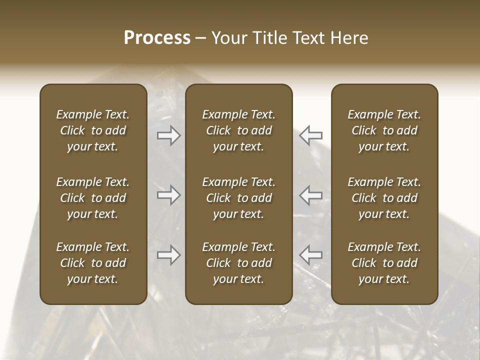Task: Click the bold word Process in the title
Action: (157, 38)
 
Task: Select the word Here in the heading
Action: (349, 38)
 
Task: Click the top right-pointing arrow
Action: (169, 135)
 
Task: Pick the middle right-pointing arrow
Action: (169, 195)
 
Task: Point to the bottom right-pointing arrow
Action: (169, 255)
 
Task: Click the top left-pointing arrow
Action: (310, 135)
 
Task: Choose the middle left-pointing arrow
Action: (310, 195)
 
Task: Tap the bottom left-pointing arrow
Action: (310, 255)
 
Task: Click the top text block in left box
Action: (93, 130)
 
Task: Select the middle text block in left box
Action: (93, 198)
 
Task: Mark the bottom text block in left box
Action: (93, 263)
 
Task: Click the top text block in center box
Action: (238, 130)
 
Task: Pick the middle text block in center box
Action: (238, 198)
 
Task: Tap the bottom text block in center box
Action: (238, 263)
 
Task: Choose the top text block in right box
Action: (384, 130)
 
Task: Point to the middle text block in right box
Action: (384, 198)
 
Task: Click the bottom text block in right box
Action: (384, 263)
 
